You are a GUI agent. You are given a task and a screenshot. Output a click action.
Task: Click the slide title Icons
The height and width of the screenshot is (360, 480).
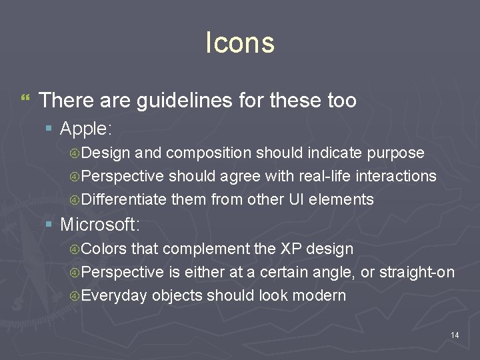click(x=239, y=43)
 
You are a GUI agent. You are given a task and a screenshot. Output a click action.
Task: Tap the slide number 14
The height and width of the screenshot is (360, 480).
click(x=455, y=335)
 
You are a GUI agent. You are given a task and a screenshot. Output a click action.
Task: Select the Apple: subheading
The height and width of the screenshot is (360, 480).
click(x=86, y=128)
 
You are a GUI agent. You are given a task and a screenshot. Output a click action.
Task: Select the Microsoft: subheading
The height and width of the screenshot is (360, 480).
click(x=100, y=224)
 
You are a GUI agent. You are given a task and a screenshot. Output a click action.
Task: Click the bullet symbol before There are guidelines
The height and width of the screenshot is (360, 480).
click(x=25, y=99)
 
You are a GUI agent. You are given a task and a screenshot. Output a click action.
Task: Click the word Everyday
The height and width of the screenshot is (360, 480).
click(x=115, y=295)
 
